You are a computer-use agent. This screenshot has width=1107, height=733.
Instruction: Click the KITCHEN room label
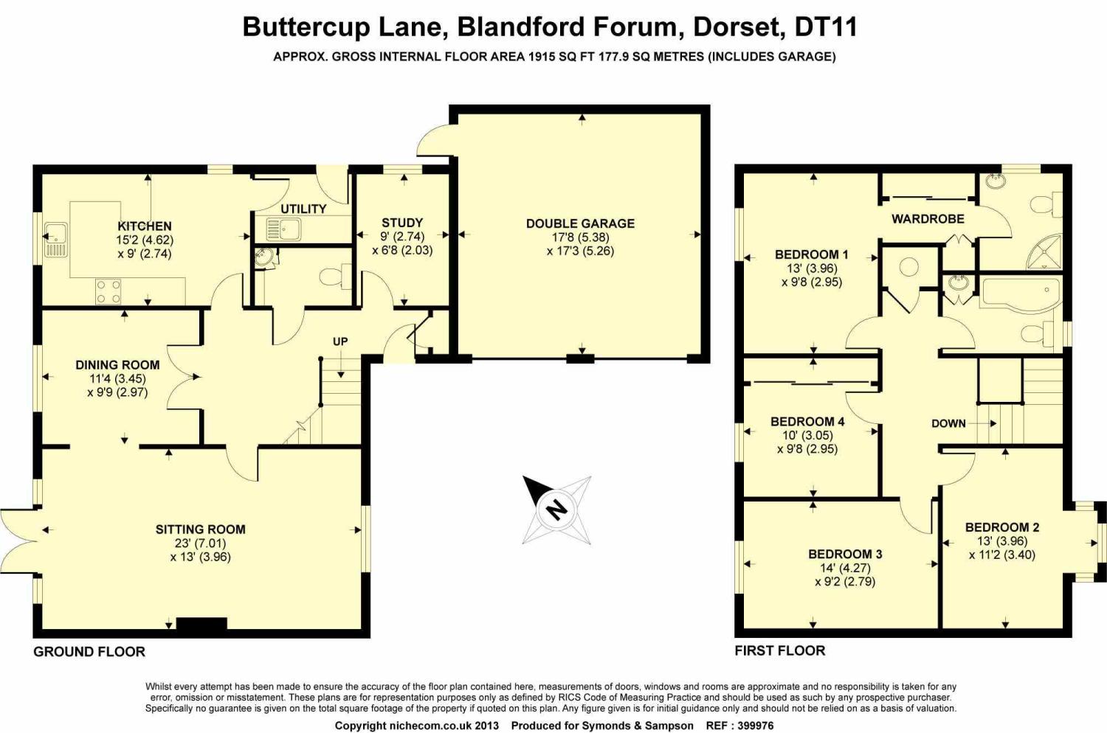point(145,226)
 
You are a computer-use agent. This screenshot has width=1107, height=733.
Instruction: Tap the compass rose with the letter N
point(556,509)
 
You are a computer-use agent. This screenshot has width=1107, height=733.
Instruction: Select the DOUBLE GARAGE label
point(580,223)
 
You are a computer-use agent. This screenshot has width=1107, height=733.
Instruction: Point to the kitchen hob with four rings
point(108,291)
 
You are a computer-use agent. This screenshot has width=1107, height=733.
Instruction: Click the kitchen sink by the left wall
point(55,238)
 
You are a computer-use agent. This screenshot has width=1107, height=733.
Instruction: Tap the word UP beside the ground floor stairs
point(340,341)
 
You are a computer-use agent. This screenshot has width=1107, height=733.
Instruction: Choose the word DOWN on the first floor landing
point(948,423)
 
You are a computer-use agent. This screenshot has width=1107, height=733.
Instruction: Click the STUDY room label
point(402,223)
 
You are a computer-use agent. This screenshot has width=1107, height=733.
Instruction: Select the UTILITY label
point(303,209)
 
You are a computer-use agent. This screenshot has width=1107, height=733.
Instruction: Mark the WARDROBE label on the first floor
point(928,219)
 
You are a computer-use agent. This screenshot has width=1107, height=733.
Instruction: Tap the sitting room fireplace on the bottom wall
point(201,625)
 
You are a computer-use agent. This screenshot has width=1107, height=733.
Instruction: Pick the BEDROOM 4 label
point(807,422)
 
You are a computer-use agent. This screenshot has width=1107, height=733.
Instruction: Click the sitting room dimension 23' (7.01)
point(200,543)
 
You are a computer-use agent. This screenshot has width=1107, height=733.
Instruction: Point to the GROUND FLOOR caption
point(89,652)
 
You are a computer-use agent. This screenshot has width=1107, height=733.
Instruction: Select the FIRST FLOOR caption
point(780,650)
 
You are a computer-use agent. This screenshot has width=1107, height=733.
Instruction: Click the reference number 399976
point(750,726)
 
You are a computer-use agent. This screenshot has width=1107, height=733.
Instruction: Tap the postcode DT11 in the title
point(825,27)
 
